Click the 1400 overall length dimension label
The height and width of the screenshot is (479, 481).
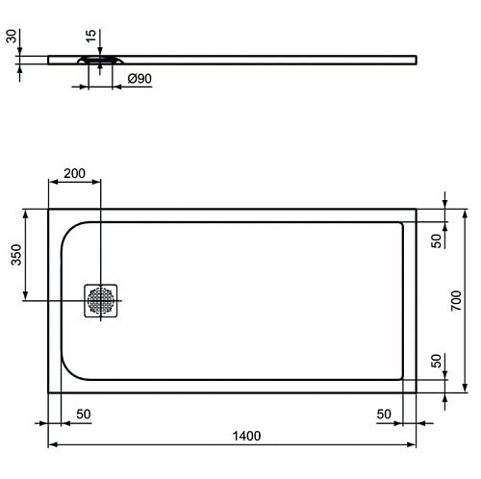coord(246,436)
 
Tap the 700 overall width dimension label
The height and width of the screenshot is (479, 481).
coord(456,300)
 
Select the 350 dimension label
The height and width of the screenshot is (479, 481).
coord(16,255)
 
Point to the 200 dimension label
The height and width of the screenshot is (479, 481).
coord(74,173)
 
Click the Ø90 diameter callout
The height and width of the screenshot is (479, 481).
coord(139,79)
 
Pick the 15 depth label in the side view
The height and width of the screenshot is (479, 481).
coord(91,36)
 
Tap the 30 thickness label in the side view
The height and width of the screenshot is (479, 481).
coord(12,36)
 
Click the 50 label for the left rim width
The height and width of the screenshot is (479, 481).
coord(84,415)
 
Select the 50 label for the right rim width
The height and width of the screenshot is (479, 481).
coord(384,415)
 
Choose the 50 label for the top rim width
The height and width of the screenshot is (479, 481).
coord(437,240)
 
